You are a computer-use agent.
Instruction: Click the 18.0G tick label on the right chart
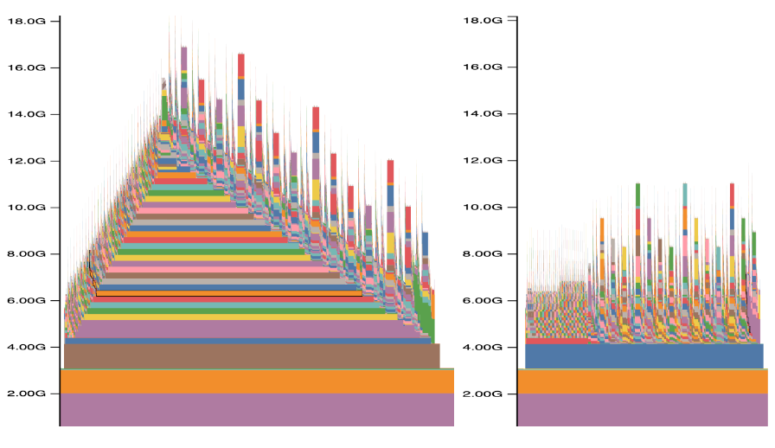point(483,21)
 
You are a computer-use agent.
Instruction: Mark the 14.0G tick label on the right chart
point(483,114)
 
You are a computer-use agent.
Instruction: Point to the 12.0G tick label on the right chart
point(483,161)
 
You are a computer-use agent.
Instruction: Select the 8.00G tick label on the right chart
point(483,254)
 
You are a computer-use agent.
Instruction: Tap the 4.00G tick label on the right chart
point(483,348)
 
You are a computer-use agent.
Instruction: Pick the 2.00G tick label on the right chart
point(483,394)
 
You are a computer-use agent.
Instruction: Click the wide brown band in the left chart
point(252,355)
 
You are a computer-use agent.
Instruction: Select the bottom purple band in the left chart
point(257,410)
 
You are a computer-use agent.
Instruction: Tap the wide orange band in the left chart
point(257,381)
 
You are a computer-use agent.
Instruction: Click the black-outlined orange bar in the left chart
point(228,293)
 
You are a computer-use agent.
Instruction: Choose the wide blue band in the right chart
point(644,355)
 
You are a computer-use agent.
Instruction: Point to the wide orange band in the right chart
point(642,381)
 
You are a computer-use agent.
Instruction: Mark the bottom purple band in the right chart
point(642,410)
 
